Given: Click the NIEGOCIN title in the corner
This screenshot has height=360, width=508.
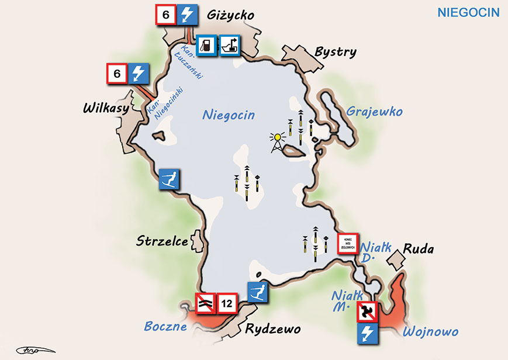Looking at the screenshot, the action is click(468, 12).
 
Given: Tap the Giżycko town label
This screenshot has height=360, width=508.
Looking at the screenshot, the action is click(230, 15).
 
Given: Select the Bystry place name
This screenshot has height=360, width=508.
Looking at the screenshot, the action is click(335, 52).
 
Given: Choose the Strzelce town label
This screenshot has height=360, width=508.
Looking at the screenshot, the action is click(162, 241).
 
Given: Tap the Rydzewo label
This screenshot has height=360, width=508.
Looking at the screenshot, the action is click(272, 328).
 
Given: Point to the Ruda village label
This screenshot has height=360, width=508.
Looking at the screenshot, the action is click(419, 250).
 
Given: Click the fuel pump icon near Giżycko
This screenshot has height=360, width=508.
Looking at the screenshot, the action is click(206, 46).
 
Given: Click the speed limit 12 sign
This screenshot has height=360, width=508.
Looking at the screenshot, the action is click(227, 303).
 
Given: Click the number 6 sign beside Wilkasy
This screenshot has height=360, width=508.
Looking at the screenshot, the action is click(117, 74).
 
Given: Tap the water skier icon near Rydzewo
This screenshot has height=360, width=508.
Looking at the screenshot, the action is click(258, 292).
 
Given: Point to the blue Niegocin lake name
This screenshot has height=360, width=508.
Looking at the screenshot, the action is click(229, 115).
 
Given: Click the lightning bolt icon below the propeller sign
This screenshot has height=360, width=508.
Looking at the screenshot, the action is click(369, 334).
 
